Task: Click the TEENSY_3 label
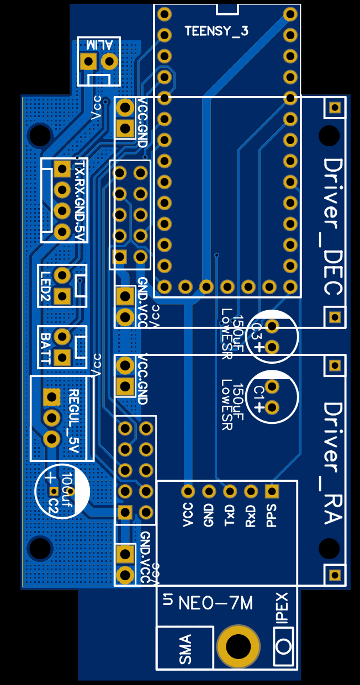216,31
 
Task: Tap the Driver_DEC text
333,227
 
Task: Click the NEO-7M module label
216,603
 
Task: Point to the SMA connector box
185,648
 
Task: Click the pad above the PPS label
272,491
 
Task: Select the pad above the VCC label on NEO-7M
188,491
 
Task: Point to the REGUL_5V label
74,418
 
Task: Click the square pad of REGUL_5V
51,396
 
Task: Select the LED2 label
46,286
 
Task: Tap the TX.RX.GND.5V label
81,200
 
